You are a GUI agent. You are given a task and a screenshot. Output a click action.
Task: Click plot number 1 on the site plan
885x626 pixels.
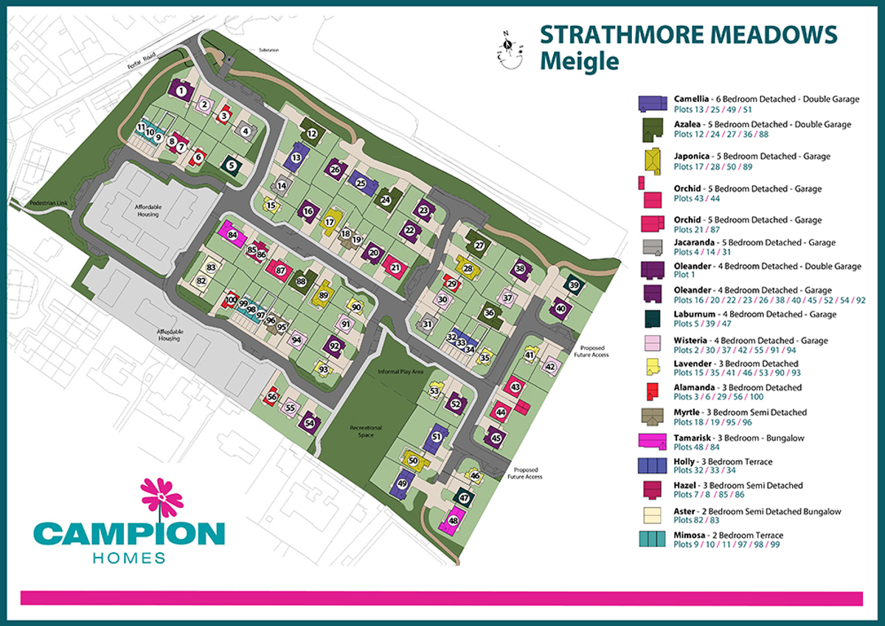click(x=181, y=92)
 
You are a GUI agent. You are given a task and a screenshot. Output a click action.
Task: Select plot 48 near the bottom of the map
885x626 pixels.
click(x=453, y=521)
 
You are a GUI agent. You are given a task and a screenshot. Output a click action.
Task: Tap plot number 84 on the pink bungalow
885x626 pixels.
click(x=233, y=235)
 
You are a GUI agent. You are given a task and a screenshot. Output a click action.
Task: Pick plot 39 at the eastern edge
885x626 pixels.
click(x=575, y=286)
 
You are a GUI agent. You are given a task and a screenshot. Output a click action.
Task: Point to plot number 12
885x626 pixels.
click(x=312, y=134)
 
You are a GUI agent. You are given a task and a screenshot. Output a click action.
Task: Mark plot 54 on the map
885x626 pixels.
click(x=309, y=423)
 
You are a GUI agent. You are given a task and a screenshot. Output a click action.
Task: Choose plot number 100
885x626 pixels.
click(x=232, y=300)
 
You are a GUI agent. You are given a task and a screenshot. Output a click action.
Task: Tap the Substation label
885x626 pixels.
click(x=269, y=50)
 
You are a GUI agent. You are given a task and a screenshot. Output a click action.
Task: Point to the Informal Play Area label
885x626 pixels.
click(x=399, y=372)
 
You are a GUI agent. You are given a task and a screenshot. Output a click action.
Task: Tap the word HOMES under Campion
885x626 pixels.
click(x=128, y=557)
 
